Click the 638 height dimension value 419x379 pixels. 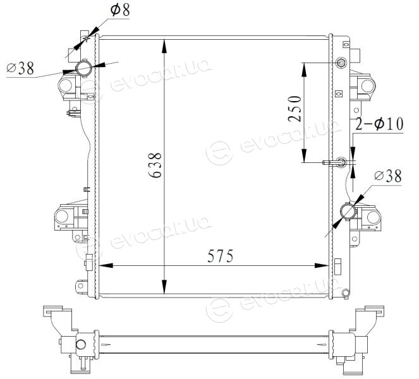(155, 165)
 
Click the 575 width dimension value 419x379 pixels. (220, 256)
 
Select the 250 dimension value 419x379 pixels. (295, 109)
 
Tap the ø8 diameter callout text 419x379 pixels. (120, 10)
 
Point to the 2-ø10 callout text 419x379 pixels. (379, 124)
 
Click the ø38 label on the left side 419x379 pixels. (21, 68)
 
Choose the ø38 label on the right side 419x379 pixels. (388, 176)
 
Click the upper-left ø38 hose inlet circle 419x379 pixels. (83, 68)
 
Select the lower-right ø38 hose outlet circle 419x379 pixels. (348, 211)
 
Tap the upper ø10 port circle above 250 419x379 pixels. (341, 63)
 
